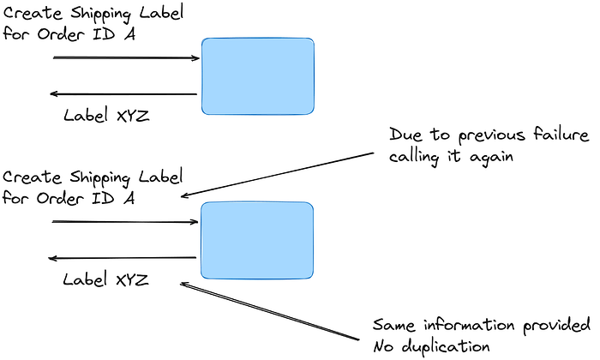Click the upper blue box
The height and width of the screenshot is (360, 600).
click(258, 76)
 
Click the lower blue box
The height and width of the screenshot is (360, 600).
click(255, 240)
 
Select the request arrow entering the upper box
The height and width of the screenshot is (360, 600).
click(126, 58)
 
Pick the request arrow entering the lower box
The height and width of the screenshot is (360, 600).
click(125, 223)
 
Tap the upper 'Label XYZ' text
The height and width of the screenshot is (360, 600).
click(106, 115)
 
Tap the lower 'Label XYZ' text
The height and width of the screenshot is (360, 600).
click(106, 279)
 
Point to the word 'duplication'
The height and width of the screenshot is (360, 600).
click(446, 346)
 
